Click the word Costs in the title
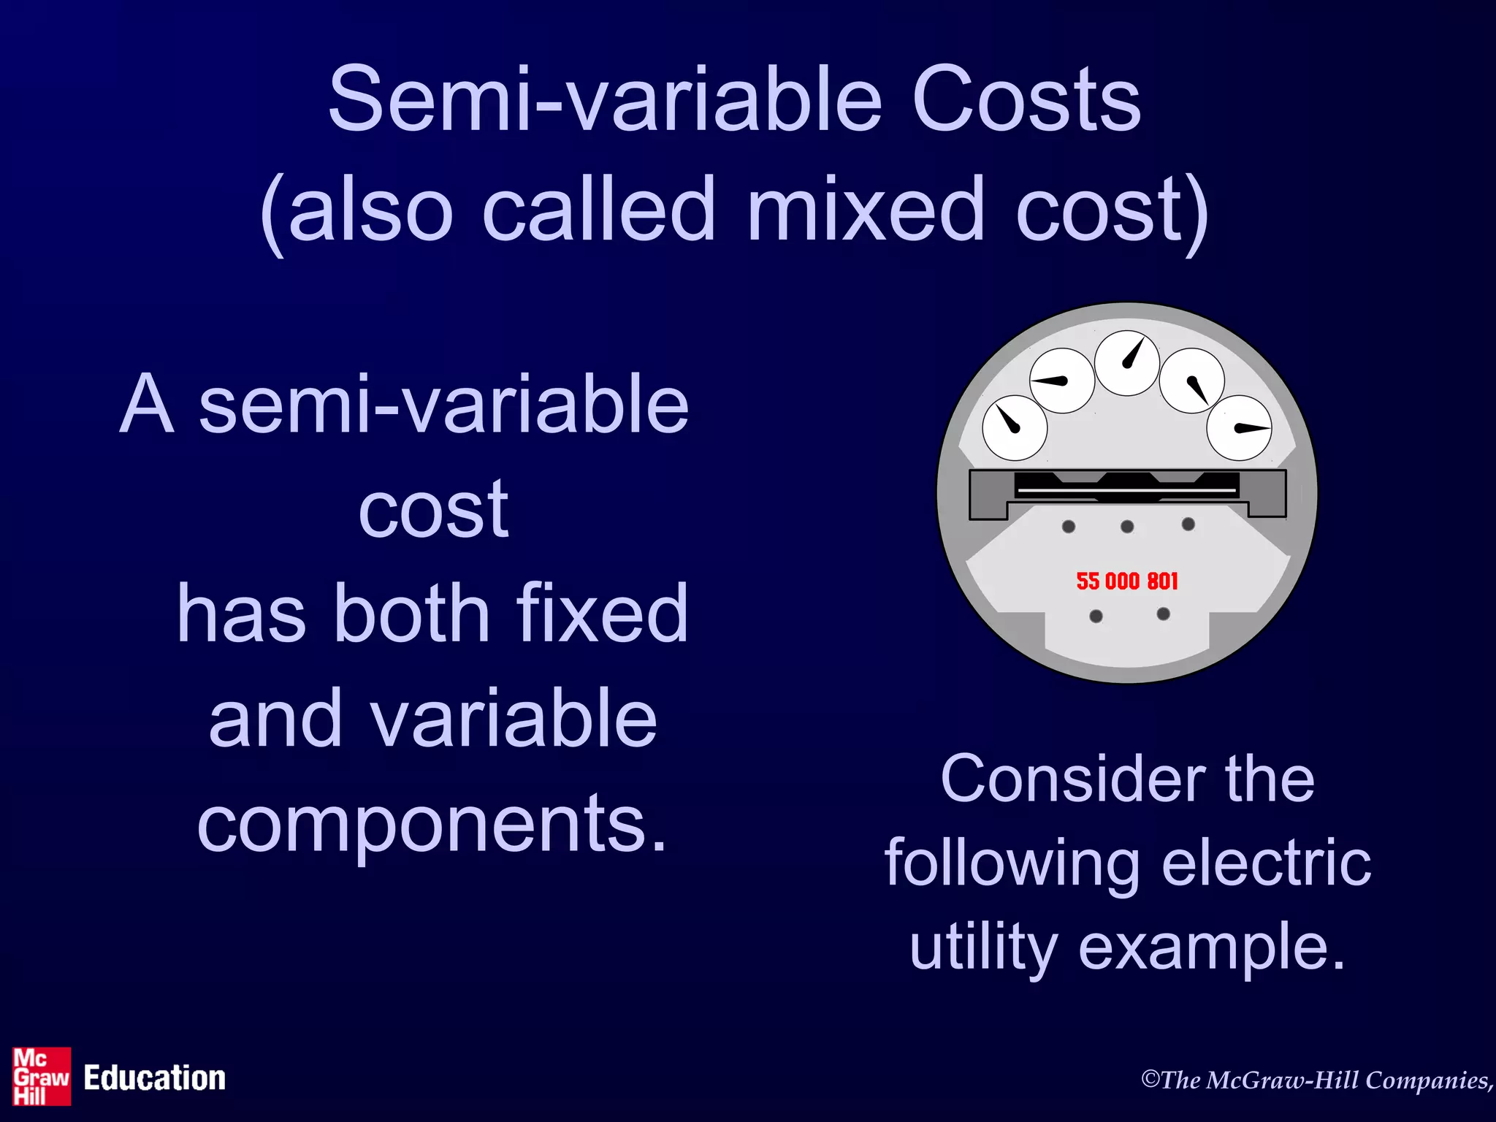pos(1026,100)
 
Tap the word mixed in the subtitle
pos(866,210)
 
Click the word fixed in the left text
pos(602,614)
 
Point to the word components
pos(432,824)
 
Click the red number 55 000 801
pos(1127,581)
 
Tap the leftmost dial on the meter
pos(1015,428)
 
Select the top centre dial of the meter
pos(1126,363)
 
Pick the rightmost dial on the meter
pos(1239,428)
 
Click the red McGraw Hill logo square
pos(42,1077)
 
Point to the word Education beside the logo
pos(154,1078)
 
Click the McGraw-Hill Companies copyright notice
pos(1317,1080)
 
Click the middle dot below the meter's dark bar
pos(1127,527)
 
